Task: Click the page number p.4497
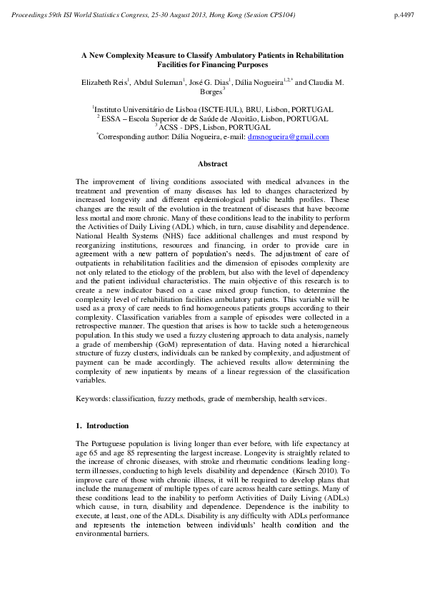click(403, 14)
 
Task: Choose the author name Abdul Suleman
click(156, 83)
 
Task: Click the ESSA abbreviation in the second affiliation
click(114, 118)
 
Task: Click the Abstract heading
click(212, 164)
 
